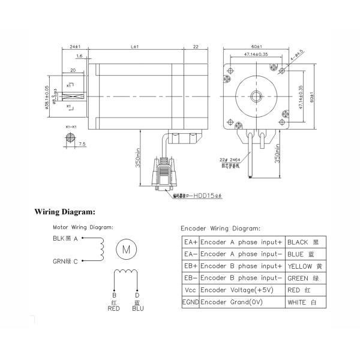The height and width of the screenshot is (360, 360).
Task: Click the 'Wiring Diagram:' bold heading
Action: [x=65, y=212]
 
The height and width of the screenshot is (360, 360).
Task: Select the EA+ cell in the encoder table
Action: [x=190, y=242]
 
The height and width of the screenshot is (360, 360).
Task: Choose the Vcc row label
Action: [x=190, y=290]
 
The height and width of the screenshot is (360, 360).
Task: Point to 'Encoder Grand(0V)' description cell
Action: [x=234, y=302]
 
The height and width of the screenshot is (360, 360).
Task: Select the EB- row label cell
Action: [x=190, y=278]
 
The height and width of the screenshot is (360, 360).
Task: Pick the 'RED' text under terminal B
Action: [x=113, y=309]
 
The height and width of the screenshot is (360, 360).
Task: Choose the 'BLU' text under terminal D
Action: [x=139, y=309]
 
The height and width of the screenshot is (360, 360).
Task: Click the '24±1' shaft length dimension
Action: [x=76, y=46]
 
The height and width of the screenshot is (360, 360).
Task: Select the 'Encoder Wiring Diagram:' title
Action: [x=221, y=229]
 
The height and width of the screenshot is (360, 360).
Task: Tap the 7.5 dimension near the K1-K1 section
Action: [x=82, y=144]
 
